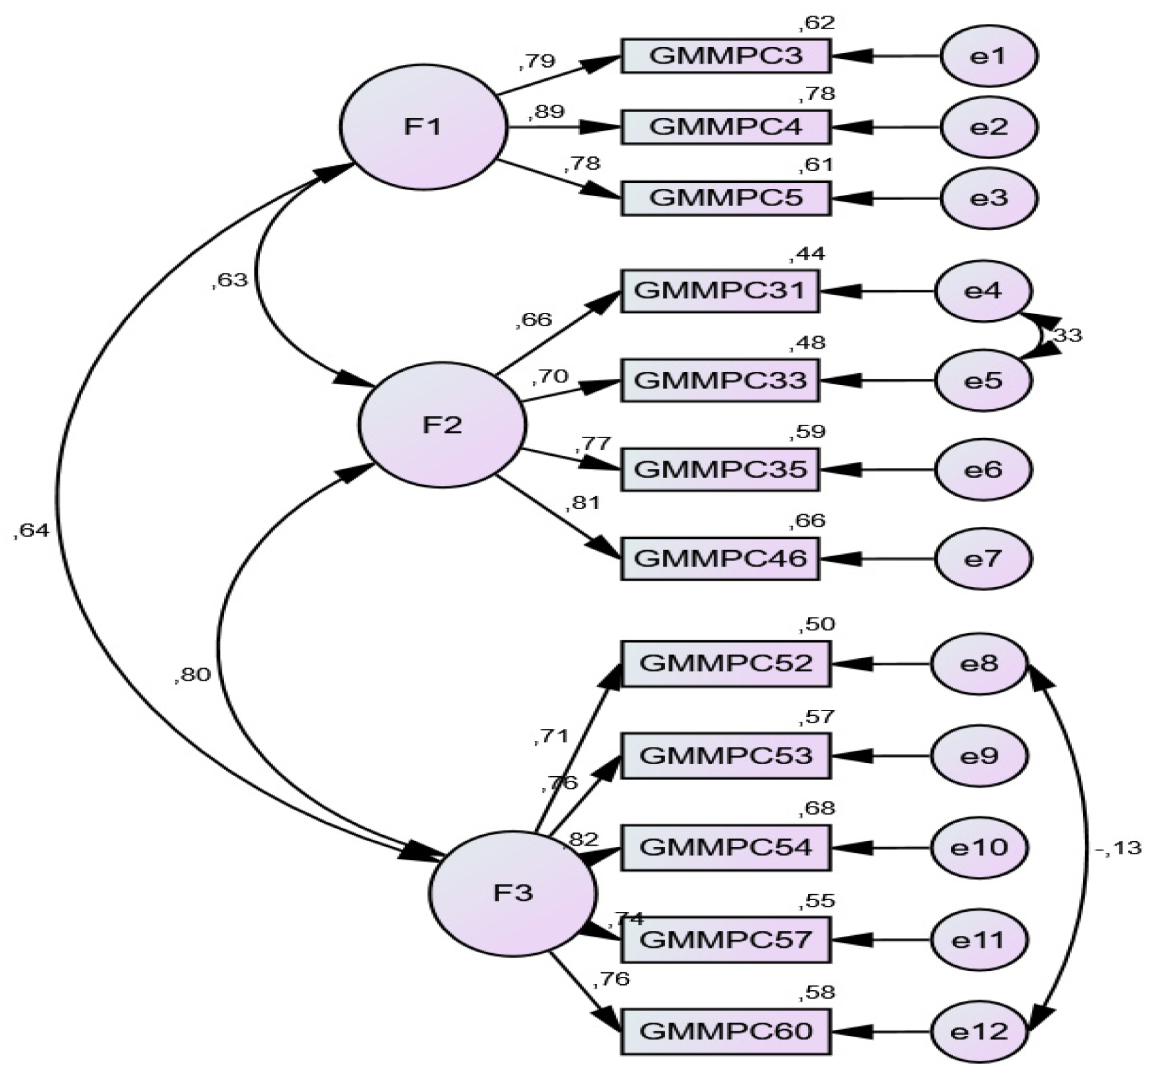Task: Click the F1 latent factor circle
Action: [424, 127]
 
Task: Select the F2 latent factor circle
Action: [442, 424]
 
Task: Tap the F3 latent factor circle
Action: [513, 893]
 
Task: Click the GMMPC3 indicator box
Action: [725, 56]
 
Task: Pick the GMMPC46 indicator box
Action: [720, 559]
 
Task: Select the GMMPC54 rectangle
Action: [725, 847]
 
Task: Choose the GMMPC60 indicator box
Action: [725, 1031]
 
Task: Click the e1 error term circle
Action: [988, 56]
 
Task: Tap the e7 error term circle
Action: [982, 559]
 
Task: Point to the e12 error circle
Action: [979, 1031]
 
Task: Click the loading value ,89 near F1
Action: [547, 111]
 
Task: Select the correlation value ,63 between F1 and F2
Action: [229, 280]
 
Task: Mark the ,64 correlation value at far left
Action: [31, 530]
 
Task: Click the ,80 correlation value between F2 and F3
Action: [192, 675]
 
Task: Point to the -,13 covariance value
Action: [1118, 848]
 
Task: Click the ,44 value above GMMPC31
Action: [806, 254]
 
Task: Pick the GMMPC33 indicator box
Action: [720, 380]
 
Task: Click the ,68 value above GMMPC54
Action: [816, 808]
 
